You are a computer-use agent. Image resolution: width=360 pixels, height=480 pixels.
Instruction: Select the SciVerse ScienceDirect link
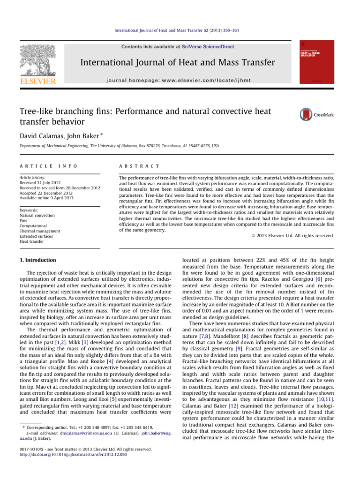click(x=208, y=47)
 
